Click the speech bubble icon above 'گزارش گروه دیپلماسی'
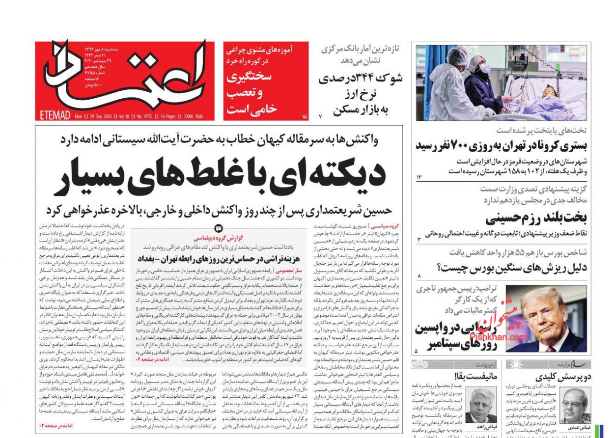coord(219,228)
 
